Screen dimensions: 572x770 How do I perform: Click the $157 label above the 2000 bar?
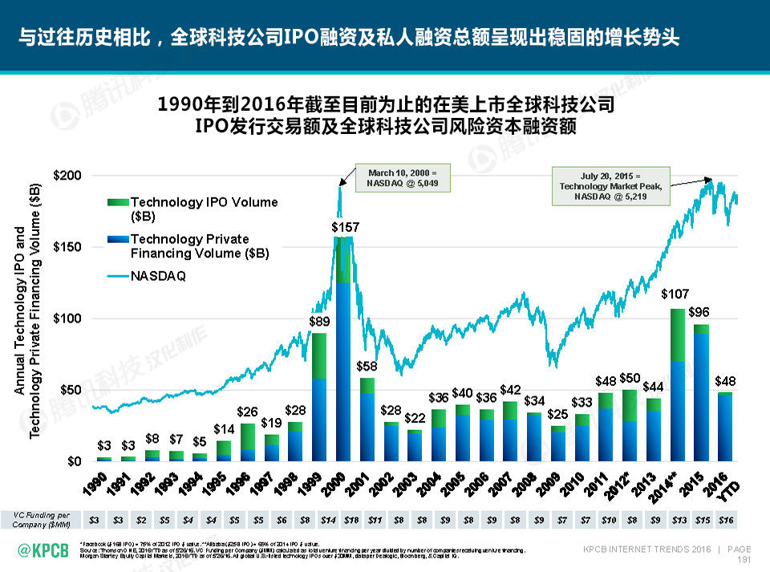pos(345,228)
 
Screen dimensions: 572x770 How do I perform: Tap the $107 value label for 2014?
pos(677,294)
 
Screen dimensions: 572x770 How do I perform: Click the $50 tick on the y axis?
pos(69,390)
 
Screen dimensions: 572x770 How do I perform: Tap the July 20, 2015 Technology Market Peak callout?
pos(611,187)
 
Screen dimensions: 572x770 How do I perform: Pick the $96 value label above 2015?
pos(700,311)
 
